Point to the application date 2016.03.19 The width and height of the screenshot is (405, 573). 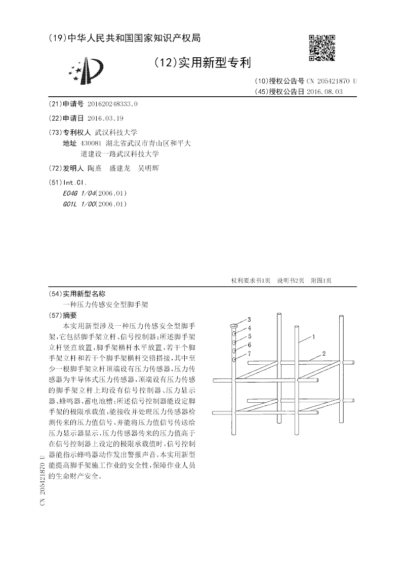105,118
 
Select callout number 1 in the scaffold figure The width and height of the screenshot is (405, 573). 314,336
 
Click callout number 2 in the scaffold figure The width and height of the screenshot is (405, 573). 324,353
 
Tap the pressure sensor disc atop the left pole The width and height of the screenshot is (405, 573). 234,325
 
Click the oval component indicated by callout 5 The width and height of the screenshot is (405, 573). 234,342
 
